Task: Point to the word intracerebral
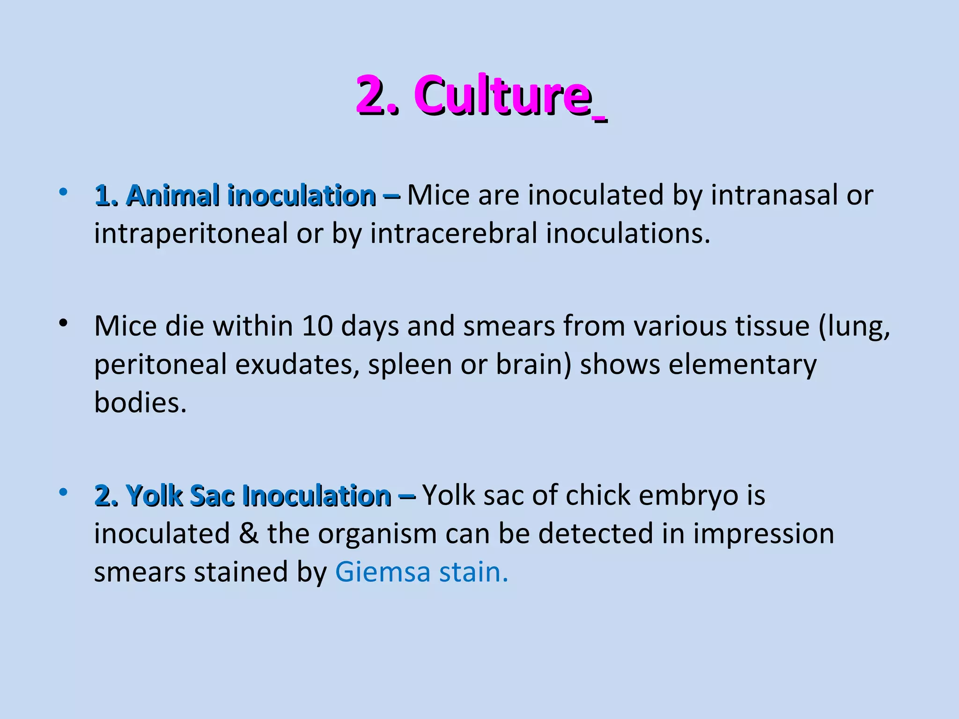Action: (x=454, y=234)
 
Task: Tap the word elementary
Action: (x=742, y=364)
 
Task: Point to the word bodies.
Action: (x=140, y=403)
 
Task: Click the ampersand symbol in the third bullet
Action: (x=248, y=534)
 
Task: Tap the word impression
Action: (x=763, y=534)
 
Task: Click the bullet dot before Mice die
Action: (x=64, y=323)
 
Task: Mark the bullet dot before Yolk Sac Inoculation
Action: (x=64, y=492)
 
